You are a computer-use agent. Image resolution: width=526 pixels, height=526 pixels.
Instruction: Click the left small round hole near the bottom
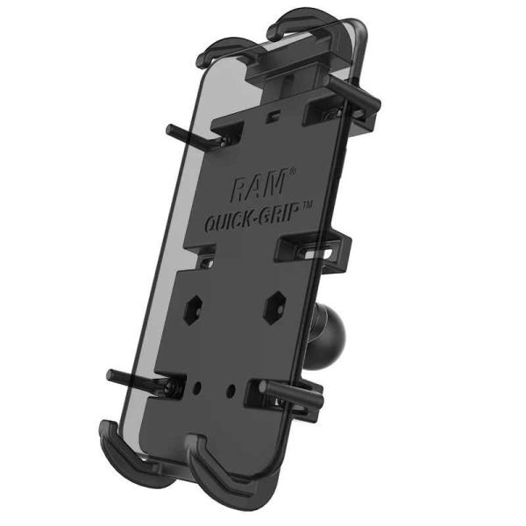(201, 385)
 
